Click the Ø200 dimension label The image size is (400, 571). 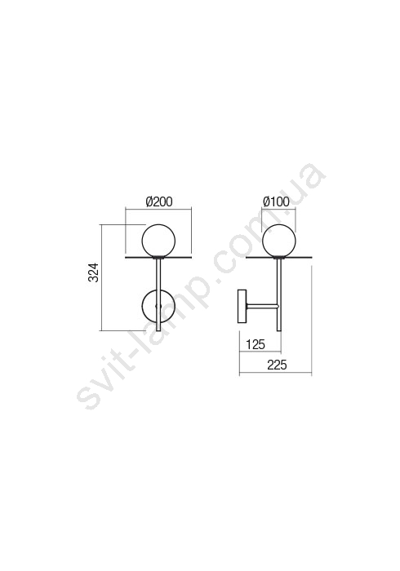click(159, 201)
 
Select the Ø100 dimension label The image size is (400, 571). click(277, 201)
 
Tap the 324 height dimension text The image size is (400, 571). click(94, 272)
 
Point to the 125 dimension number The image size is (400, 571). click(256, 344)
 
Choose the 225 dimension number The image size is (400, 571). click(278, 365)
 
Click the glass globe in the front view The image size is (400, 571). click(158, 241)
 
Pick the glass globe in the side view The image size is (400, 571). click(279, 241)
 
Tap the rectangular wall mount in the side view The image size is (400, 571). click(242, 306)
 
